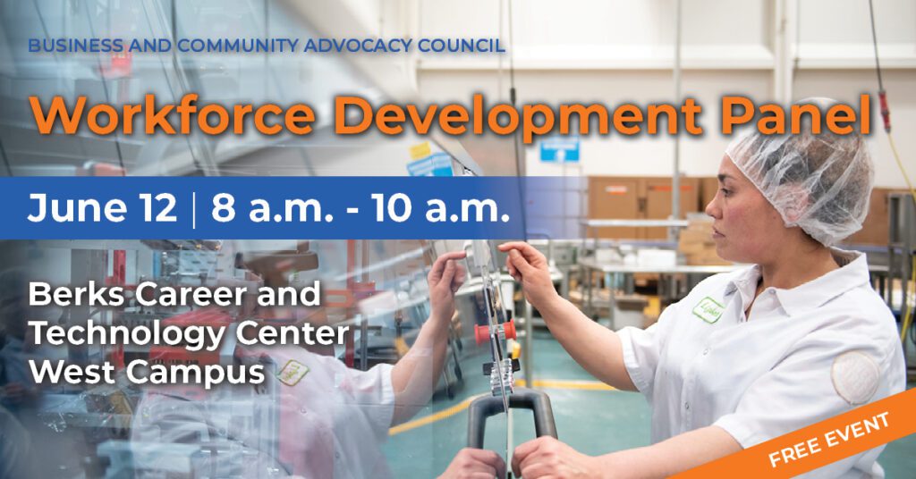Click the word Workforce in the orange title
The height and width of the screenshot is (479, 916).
coord(173,115)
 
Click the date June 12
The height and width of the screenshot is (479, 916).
coord(102,207)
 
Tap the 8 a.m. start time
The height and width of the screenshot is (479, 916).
coord(272,207)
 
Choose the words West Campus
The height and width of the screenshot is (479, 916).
coord(147,372)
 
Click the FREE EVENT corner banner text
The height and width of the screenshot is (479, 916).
coord(829,438)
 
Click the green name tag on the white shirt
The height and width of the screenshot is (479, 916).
coord(708,310)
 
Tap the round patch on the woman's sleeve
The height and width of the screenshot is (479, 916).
coord(855,377)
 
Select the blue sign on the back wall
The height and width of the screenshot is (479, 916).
coord(559,149)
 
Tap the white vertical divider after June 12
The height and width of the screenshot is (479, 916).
coord(194,208)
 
